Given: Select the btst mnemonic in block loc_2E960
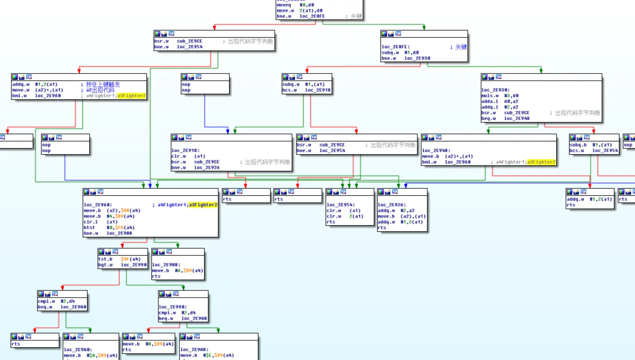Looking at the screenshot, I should pyautogui.click(x=89, y=227).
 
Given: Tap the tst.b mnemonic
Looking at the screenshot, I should pyautogui.click(x=105, y=259).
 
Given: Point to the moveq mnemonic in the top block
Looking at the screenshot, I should pyautogui.click(x=284, y=5).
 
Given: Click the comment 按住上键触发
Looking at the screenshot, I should pyautogui.click(x=103, y=84).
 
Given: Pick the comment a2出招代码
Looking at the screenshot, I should pyautogui.click(x=100, y=90).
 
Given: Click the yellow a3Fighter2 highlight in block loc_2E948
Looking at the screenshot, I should pyautogui.click(x=541, y=162).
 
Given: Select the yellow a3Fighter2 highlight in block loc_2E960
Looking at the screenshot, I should pyautogui.click(x=203, y=205).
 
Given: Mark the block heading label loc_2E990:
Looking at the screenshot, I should pyautogui.click(x=172, y=307).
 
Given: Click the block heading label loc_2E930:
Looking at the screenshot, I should pyautogui.click(x=495, y=90).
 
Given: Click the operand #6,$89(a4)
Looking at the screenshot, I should pyautogui.click(x=189, y=271).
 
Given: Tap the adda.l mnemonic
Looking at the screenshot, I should pyautogui.click(x=489, y=102).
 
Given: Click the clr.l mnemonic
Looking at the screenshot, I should pyautogui.click(x=91, y=222).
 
